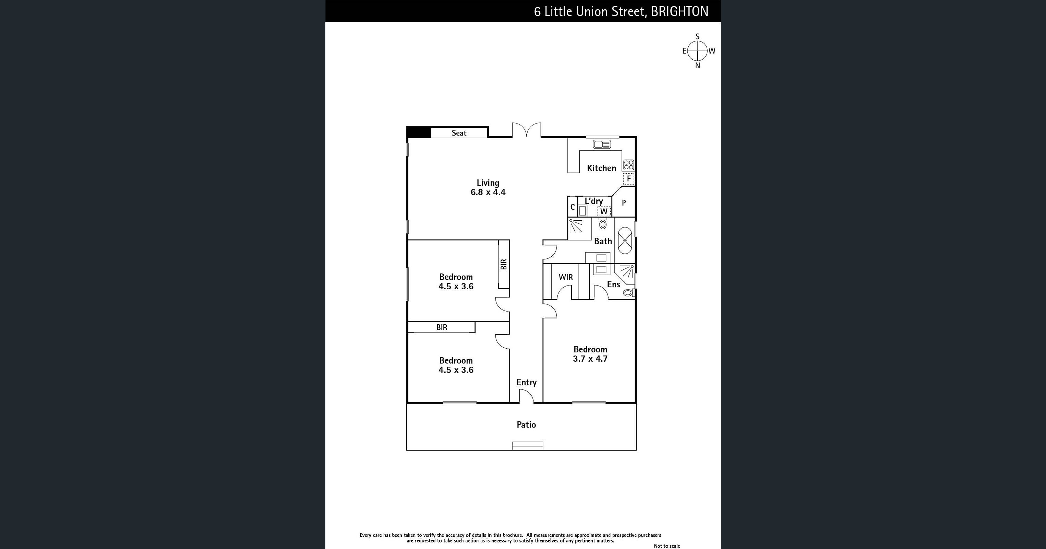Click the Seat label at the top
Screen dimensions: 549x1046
click(459, 133)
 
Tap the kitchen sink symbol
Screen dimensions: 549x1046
click(601, 144)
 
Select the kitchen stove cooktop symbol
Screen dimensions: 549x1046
click(628, 165)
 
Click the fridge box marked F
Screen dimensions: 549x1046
click(628, 178)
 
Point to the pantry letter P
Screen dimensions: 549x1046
click(624, 202)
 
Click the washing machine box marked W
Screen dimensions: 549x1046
click(604, 211)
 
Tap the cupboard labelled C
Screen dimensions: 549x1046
click(573, 207)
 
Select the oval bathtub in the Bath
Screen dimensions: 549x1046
click(625, 241)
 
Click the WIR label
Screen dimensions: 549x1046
click(566, 277)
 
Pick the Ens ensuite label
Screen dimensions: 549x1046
click(613, 284)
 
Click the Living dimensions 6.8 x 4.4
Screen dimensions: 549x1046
click(488, 192)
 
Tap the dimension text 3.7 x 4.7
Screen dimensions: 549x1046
click(590, 359)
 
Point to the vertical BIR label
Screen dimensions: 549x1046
click(504, 264)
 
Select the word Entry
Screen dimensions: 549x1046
click(526, 382)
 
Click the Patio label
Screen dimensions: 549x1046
click(526, 425)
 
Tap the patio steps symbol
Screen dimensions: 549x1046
click(528, 446)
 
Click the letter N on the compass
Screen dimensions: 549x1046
click(698, 66)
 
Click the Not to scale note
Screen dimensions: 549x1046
click(666, 546)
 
